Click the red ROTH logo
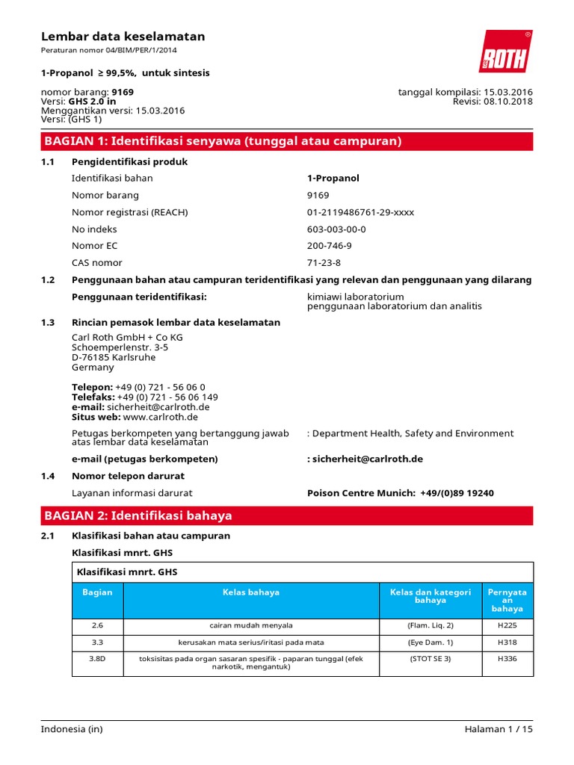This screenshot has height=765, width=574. pos(505,52)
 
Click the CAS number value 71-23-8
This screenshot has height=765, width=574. pos(324,263)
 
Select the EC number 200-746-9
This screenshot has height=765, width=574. pos(329,246)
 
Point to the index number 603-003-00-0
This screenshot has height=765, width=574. pos(336,229)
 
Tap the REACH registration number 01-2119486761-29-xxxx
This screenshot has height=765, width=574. pos(360,212)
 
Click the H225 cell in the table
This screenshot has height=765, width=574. pos(507,625)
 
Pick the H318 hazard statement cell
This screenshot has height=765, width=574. pos(507,642)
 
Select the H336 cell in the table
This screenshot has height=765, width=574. pos(507,659)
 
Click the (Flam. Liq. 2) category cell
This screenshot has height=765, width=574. pos(430,625)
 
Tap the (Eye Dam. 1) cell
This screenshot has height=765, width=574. pos(430,642)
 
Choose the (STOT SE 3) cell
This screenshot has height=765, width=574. pos(430,659)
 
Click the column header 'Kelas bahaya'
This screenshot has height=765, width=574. pos(251,592)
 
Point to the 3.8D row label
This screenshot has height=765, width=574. pos(97,659)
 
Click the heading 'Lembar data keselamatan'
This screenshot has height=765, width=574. pos(123,37)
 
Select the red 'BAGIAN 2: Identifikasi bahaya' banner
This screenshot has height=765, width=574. pos(287,515)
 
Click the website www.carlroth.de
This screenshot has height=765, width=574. pos(160,417)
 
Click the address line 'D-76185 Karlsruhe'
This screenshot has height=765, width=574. pos(114,357)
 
